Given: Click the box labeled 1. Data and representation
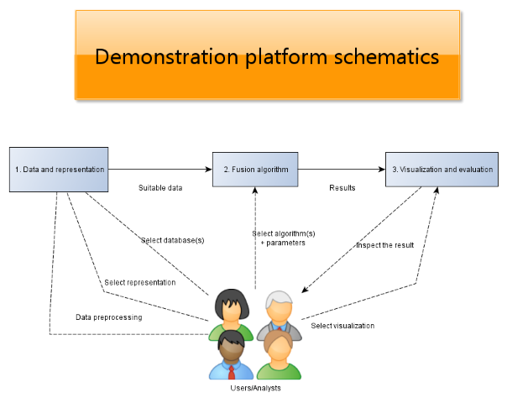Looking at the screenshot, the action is [x=59, y=170].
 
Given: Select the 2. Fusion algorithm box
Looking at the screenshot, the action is [x=255, y=170].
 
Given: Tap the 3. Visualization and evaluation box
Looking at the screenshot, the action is [x=442, y=170].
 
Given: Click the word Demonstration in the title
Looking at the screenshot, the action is [x=167, y=57].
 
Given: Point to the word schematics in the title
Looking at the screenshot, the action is [x=386, y=57].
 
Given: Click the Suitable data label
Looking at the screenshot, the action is [x=160, y=188].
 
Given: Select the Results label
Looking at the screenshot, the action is [x=342, y=188].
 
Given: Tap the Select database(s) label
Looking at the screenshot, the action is [x=173, y=240].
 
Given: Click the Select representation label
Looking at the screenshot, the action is [x=140, y=283].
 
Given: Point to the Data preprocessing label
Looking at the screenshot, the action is [x=109, y=317].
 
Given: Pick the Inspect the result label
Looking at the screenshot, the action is [x=385, y=245].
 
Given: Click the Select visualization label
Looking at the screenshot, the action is [x=342, y=326].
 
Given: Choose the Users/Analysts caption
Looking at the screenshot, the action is [x=255, y=388].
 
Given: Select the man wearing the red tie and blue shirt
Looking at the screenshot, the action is [x=231, y=355].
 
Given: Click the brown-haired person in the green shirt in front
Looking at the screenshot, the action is [x=279, y=355].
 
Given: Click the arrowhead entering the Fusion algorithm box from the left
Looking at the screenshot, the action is [x=208, y=169].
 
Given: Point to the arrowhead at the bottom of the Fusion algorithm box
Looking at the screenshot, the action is [x=255, y=191].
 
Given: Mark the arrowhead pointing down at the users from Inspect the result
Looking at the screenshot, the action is [x=304, y=290].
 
